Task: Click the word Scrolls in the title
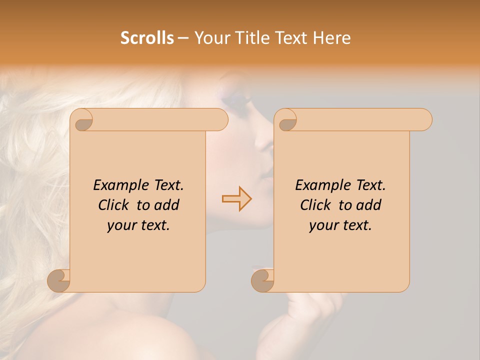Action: point(147,38)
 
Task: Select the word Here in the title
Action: point(331,38)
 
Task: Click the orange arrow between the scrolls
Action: point(236,198)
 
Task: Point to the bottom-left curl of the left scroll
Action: point(59,280)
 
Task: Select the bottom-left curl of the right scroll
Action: point(262,280)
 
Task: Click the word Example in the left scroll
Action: point(115,185)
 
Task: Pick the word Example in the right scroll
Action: point(317,185)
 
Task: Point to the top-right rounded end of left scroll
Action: point(220,119)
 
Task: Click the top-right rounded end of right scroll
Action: point(424,119)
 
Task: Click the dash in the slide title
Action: point(183,38)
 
